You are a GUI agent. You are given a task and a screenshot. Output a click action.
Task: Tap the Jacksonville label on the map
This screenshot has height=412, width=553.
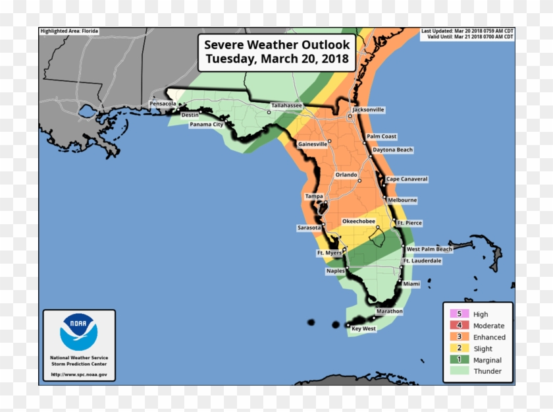tap(368, 109)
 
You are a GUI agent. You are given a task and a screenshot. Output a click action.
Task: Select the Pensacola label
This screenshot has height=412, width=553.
tap(163, 104)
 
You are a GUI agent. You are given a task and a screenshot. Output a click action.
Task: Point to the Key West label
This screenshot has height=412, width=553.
tap(363, 328)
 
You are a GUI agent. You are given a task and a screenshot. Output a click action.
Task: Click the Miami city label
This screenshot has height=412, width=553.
tap(411, 283)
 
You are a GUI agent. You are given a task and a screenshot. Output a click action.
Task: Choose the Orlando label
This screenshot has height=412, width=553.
tap(346, 175)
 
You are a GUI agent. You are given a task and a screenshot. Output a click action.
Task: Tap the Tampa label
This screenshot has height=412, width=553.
tap(313, 196)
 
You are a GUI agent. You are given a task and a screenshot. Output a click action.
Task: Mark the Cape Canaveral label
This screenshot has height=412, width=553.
tap(406, 179)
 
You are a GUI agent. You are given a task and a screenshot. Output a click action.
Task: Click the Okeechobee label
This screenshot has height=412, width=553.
tap(358, 221)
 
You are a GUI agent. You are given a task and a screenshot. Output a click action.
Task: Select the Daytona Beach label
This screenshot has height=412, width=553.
tap(392, 150)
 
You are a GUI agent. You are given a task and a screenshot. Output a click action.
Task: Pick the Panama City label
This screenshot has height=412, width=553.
tap(206, 124)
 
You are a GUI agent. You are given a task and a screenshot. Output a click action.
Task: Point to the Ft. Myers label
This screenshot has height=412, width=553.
tap(329, 253)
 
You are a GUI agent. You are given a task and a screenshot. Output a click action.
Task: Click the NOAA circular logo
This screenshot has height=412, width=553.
tap(78, 332)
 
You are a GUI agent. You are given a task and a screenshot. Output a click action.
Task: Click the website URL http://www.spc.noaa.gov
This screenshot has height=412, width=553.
tap(78, 375)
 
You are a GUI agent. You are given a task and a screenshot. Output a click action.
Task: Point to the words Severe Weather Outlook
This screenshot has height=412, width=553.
tap(278, 45)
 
